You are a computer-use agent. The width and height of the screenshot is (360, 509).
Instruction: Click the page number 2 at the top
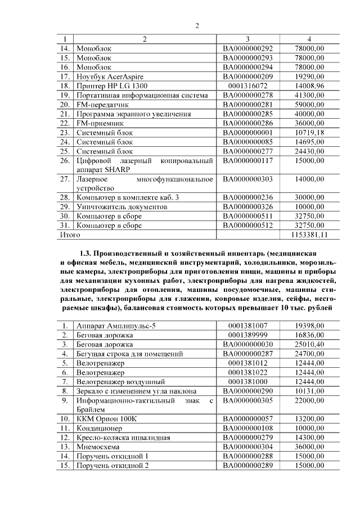coord(197,25)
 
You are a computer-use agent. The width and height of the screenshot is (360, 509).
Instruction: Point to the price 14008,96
coord(309,85)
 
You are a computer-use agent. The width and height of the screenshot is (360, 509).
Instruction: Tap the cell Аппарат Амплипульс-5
coord(116,326)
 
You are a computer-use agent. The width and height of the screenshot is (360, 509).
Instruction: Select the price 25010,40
coord(309,344)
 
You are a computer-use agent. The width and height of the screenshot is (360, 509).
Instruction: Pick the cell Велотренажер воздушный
coord(120,382)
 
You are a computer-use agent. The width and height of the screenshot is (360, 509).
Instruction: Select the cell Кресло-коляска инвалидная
coord(124,438)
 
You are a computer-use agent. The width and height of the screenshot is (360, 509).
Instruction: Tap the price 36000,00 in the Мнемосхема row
coord(309,447)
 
